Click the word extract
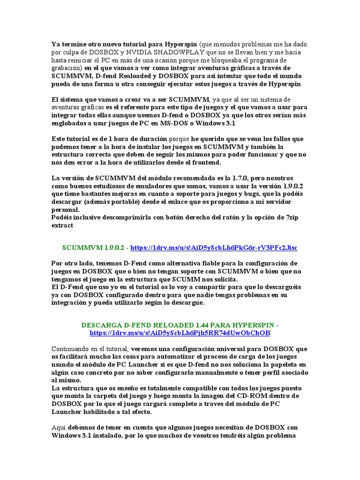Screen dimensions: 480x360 (x=62, y=226)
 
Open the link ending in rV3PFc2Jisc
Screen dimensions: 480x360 (x=213, y=247)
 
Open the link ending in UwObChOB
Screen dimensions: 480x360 (x=180, y=333)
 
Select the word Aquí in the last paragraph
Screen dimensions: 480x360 (x=59, y=427)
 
